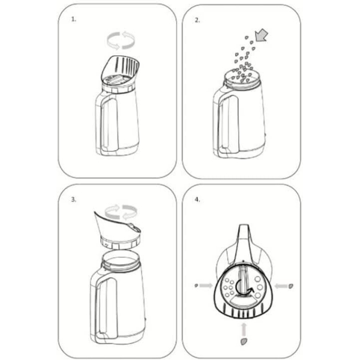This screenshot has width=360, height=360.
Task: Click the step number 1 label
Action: (73, 19)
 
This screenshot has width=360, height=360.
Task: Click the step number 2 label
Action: (197, 20)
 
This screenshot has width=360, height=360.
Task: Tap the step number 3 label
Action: (73, 199)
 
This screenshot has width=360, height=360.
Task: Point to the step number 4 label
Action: (197, 200)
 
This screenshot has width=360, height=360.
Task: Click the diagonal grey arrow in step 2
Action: (262, 35)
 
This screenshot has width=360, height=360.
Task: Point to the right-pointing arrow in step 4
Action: (206, 286)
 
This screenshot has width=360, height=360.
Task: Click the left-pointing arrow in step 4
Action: (281, 286)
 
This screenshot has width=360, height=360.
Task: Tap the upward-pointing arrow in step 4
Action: (244, 329)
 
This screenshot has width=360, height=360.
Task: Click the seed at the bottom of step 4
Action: (244, 341)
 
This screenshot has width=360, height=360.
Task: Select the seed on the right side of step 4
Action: (290, 286)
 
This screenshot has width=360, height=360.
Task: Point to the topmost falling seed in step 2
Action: (247, 37)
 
